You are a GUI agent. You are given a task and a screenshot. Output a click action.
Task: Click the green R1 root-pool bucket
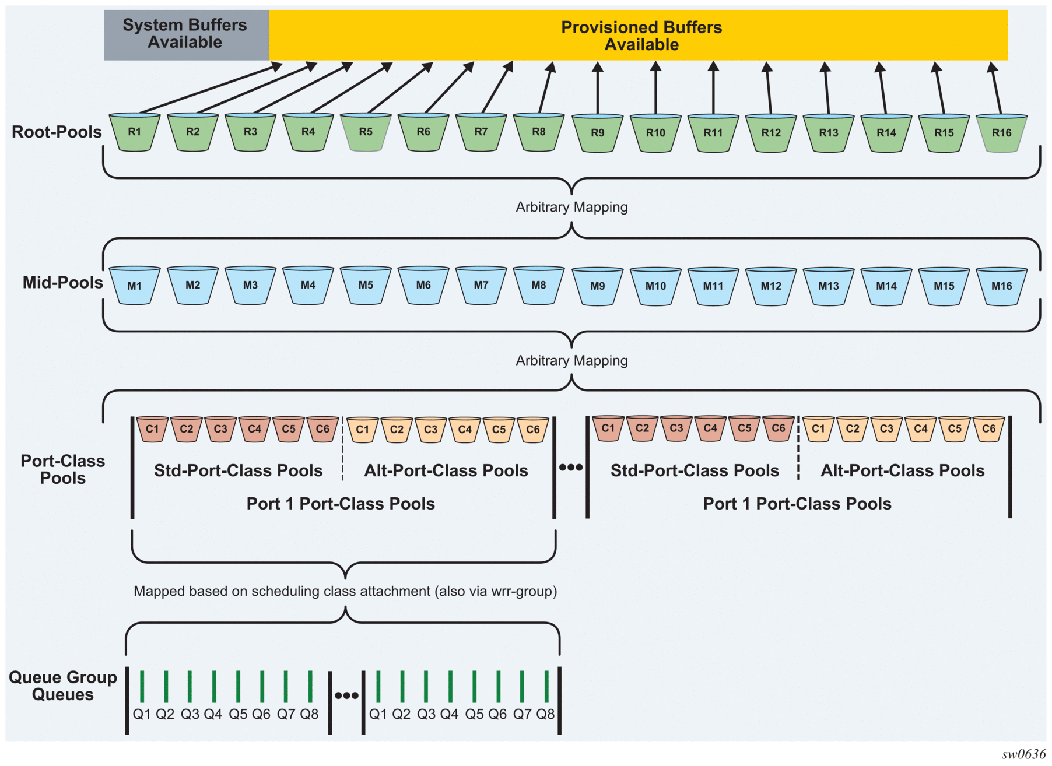point(135,132)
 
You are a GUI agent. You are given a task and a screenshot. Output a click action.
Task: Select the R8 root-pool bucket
point(539,132)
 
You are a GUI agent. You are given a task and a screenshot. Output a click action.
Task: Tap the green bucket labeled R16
point(1002,133)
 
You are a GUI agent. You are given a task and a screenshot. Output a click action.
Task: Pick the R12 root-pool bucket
point(771,133)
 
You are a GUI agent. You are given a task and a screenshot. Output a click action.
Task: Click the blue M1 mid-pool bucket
point(135,286)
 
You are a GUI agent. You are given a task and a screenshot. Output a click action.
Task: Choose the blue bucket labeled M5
point(366,285)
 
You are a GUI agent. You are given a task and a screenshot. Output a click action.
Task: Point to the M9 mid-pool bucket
point(598,286)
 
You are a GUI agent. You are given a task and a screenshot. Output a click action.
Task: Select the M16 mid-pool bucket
point(1002,286)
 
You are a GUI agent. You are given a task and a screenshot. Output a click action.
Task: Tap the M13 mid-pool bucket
point(829,286)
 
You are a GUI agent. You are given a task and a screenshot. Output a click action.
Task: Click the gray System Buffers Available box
point(185,34)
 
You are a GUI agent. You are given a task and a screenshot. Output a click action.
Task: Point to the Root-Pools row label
point(57,132)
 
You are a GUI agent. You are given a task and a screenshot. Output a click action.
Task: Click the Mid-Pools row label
point(62,283)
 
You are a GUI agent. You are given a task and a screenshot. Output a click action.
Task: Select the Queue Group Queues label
point(62,686)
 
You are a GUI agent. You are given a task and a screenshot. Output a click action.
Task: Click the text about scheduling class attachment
point(345,592)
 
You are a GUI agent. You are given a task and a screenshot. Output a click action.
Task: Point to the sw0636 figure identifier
point(1023,754)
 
